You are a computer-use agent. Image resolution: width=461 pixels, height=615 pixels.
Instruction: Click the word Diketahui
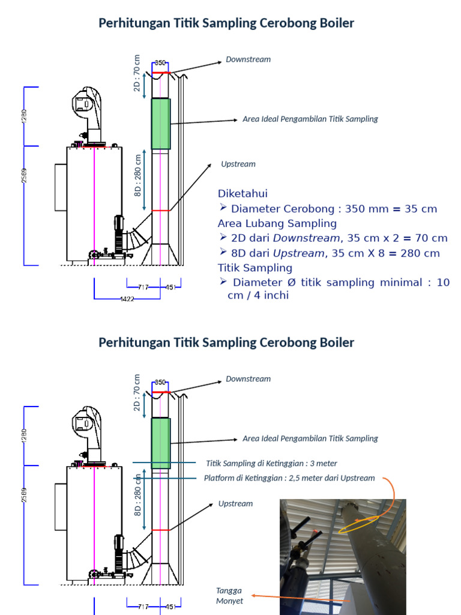point(243,193)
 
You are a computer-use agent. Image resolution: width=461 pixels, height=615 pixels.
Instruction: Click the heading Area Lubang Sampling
point(277,223)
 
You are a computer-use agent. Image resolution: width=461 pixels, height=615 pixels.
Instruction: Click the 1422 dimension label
point(127,298)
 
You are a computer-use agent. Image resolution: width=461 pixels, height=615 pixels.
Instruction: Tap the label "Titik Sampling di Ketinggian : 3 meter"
point(271,463)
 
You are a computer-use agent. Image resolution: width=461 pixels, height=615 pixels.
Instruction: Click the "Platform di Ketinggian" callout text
point(289,478)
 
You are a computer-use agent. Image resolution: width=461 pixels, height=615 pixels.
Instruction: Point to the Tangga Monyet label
point(229,596)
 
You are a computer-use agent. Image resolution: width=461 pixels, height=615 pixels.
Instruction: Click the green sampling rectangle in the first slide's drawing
point(160,124)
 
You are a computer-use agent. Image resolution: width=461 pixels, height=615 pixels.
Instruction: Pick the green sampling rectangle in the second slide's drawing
point(160,443)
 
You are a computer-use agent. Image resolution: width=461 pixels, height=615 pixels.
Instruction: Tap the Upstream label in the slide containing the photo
point(236,503)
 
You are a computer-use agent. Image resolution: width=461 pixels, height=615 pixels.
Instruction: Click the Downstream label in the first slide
point(248,59)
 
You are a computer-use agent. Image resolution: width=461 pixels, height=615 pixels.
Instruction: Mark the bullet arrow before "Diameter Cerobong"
point(223,208)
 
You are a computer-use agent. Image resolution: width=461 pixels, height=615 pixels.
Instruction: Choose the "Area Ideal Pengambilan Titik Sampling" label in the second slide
point(310,438)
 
